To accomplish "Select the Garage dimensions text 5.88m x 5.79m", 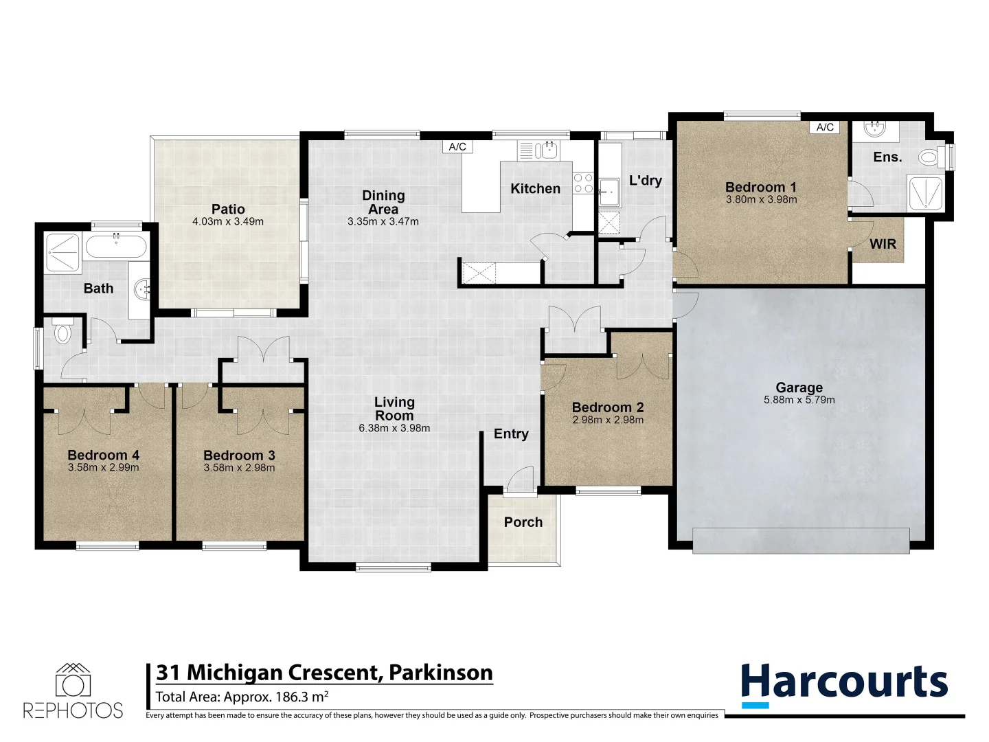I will [799, 400].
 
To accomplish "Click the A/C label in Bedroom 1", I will [825, 127].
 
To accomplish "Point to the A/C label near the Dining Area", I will [457, 146].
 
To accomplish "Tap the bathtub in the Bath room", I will [116, 246].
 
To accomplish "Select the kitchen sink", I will [548, 150].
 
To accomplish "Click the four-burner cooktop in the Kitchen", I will [583, 183].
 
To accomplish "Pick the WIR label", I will [883, 244].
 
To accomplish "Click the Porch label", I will [523, 522].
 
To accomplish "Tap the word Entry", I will [511, 434].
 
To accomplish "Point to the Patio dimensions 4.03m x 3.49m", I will [228, 221].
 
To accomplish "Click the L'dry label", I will [646, 180].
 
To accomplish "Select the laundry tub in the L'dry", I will [609, 192].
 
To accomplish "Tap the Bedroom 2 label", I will [608, 407].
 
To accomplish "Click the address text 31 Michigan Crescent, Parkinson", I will [324, 672].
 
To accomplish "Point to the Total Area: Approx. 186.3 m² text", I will [242, 697].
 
